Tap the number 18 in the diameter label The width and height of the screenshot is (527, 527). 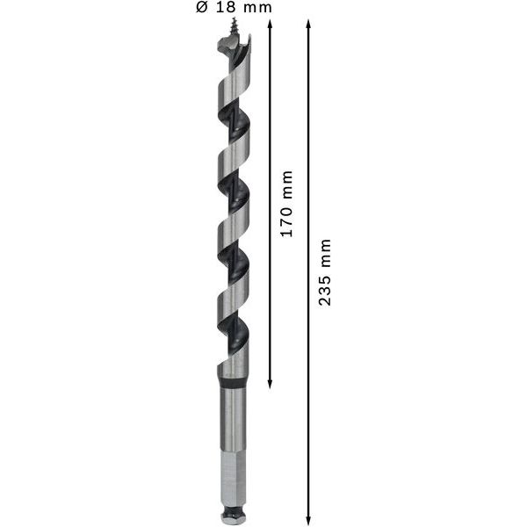226,8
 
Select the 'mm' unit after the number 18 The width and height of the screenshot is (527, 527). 256,8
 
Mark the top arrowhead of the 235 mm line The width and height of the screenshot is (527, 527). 308,23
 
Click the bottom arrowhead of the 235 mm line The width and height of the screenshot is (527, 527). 308,517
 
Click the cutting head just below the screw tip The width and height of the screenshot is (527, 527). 234,53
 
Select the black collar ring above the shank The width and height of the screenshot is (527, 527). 233,384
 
